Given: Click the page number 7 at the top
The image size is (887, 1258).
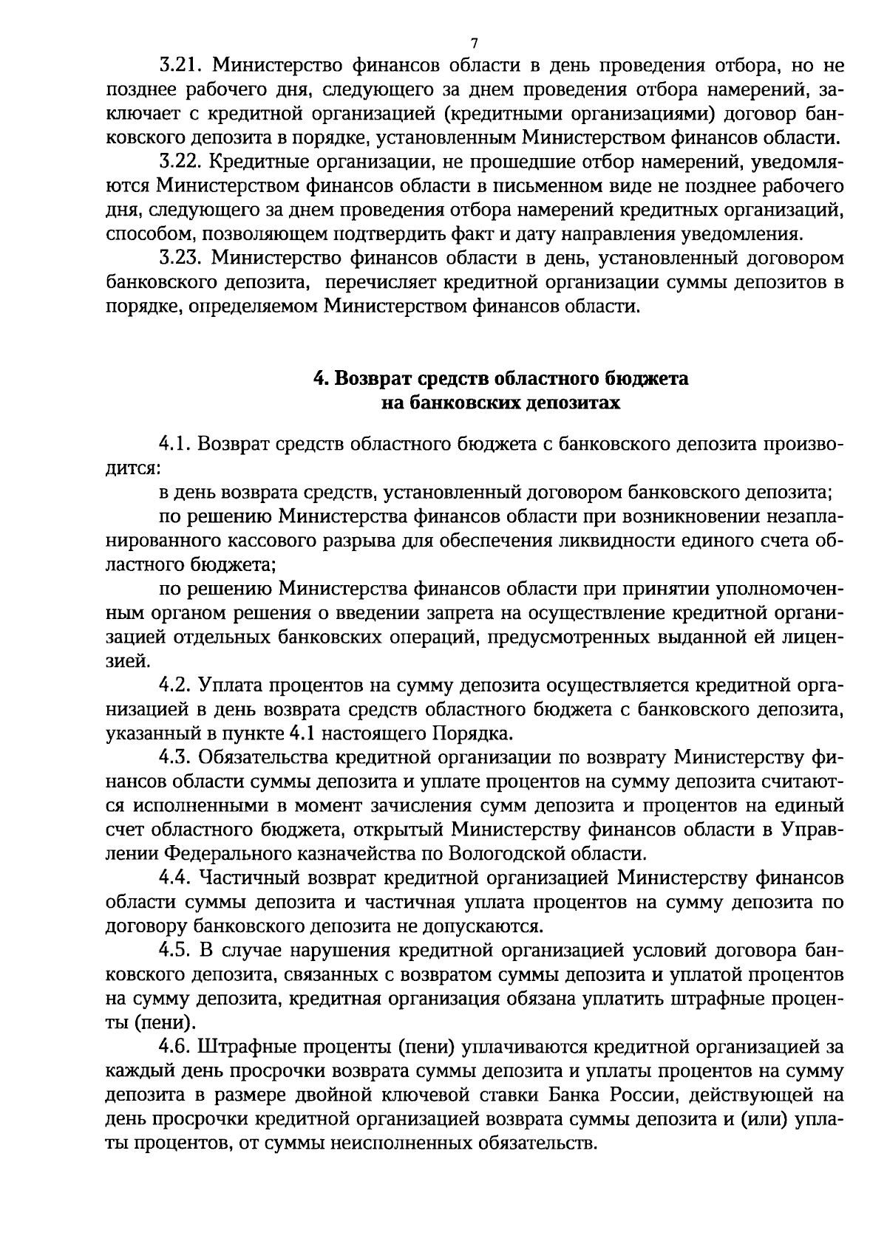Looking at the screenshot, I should click(x=474, y=42).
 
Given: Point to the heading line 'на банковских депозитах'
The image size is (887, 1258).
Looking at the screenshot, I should click(x=500, y=403).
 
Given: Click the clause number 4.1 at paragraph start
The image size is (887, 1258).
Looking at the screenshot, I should click(x=175, y=445).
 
